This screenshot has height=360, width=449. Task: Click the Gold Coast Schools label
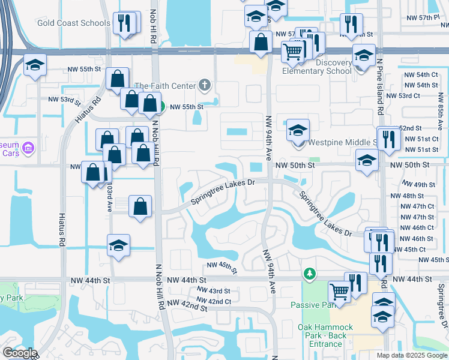pyautogui.click(x=73, y=23)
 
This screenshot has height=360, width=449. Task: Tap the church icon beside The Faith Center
pyautogui.click(x=205, y=85)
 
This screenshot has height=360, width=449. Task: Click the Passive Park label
pyautogui.click(x=311, y=304)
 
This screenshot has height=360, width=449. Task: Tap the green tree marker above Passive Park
pyautogui.click(x=309, y=274)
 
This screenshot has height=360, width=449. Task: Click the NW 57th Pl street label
pyautogui.click(x=429, y=18)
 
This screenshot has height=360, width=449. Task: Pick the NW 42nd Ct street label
pyautogui.click(x=214, y=301)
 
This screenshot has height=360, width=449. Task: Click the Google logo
pyautogui.click(x=20, y=352)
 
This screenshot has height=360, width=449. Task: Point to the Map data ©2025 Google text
pyautogui.click(x=411, y=355)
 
